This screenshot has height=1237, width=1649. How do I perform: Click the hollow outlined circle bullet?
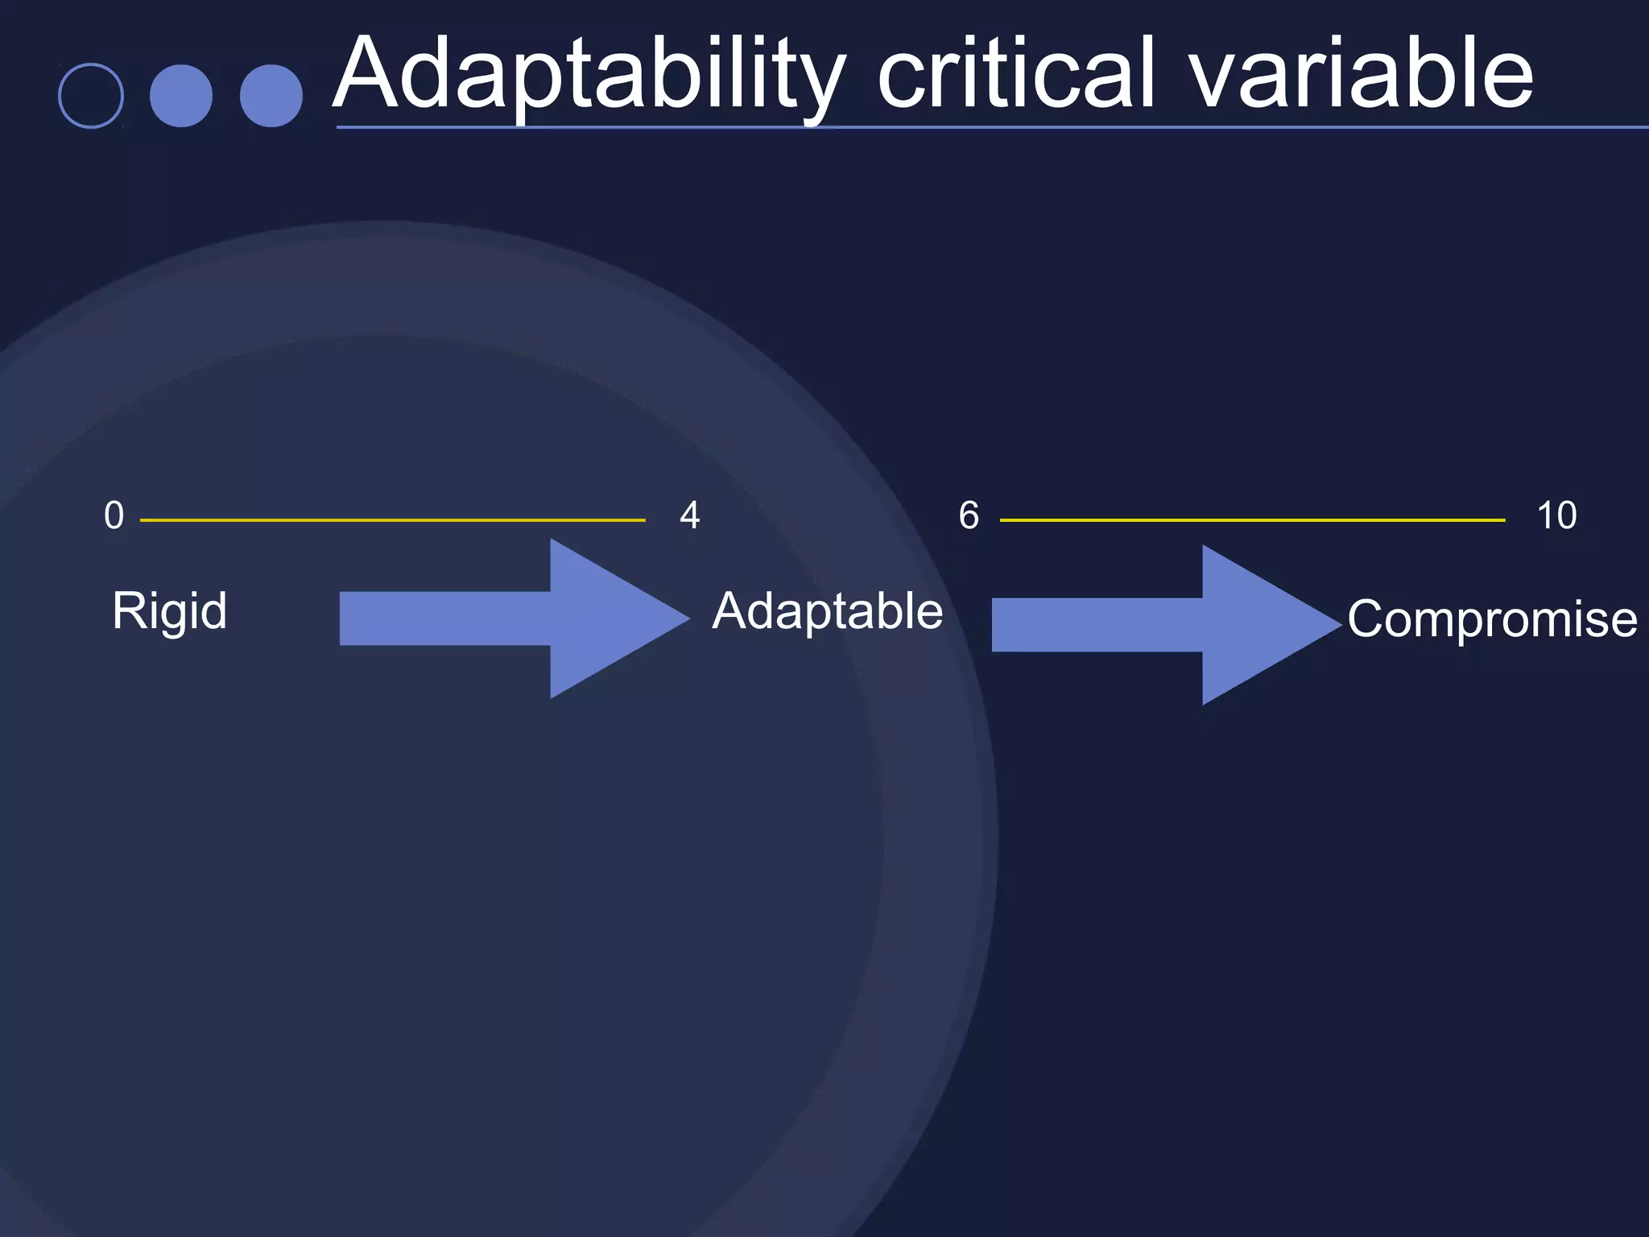(x=91, y=96)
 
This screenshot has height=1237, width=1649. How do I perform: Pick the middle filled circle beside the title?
(x=181, y=96)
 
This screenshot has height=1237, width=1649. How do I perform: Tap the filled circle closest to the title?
(x=271, y=96)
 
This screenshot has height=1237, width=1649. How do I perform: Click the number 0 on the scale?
(x=114, y=515)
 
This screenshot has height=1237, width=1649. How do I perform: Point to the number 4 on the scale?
(x=690, y=515)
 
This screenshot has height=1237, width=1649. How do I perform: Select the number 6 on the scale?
(x=969, y=515)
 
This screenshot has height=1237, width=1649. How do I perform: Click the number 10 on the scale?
(x=1556, y=515)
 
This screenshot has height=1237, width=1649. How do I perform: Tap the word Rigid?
(x=169, y=610)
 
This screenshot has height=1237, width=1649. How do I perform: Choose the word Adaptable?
(x=827, y=610)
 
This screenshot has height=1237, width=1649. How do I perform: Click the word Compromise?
(x=1492, y=618)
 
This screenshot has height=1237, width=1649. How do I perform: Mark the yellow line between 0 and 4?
(x=393, y=520)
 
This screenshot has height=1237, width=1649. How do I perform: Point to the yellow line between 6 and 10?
(x=1252, y=520)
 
